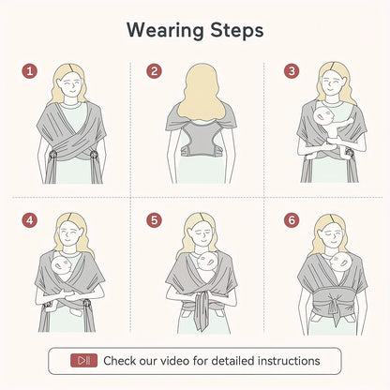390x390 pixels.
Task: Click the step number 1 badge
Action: tap(30, 70)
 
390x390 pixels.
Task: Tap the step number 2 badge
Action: tap(154, 70)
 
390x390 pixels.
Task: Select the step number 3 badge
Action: tap(292, 70)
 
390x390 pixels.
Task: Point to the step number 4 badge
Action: tap(30, 221)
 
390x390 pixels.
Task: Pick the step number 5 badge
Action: tap(154, 221)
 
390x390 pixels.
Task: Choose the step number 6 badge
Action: tap(292, 221)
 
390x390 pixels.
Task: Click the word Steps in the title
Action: tap(235, 30)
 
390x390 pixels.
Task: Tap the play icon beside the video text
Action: tap(85, 360)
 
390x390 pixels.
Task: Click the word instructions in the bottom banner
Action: tap(283, 360)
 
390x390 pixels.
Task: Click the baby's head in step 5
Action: tap(204, 265)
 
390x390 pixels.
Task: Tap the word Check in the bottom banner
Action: tap(121, 360)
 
